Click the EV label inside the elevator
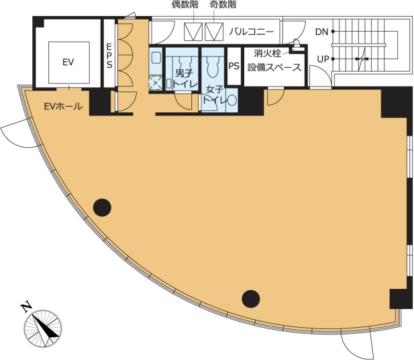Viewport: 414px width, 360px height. pos(68,62)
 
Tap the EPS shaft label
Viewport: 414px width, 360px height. pos(109,56)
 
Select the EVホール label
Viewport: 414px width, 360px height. pos(63,107)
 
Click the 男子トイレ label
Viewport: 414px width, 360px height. pos(185,79)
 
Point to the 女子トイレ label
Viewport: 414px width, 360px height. pos(213,95)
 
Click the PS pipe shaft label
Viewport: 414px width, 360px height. pos(234,66)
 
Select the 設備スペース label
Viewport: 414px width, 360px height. pos(274,67)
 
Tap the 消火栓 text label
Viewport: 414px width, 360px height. pos(267,53)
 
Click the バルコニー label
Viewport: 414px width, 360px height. pos(252,32)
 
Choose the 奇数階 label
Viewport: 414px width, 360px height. pos(223,5)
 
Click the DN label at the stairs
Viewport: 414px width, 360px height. pos(321,32)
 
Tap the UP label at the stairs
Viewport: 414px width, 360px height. pos(323,59)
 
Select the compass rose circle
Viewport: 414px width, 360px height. pos(43,328)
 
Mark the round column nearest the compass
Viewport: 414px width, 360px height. pos(102,208)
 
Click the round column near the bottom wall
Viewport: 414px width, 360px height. pos(251,299)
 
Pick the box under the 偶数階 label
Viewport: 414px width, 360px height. pos(193,32)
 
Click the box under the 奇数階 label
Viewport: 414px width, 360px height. pos(214,32)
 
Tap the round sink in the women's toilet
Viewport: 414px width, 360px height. pos(232,101)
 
